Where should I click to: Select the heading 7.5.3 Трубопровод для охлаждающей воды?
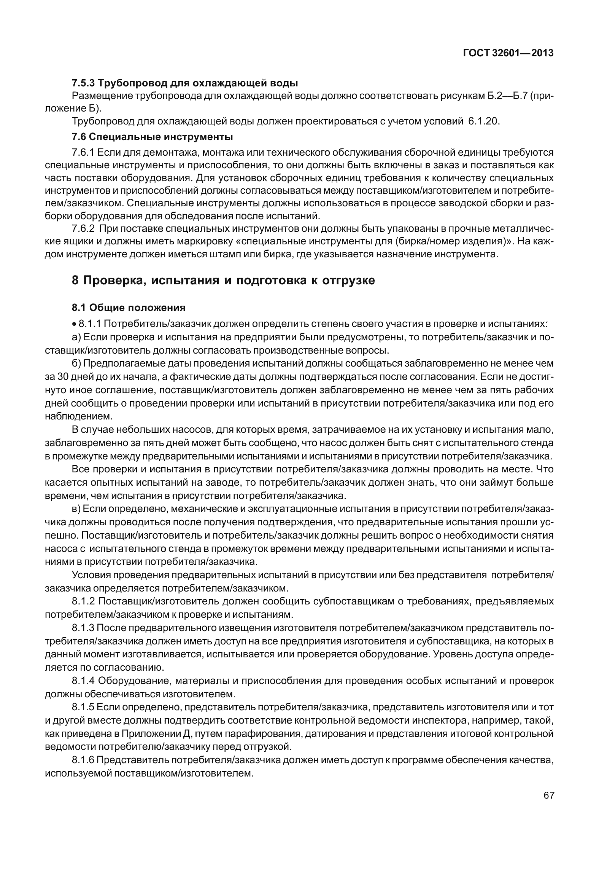185,83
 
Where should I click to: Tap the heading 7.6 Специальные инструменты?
152,136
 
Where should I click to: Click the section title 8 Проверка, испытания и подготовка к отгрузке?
223,281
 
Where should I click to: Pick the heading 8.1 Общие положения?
129,307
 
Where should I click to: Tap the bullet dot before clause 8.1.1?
75,325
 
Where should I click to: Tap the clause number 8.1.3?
83,628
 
